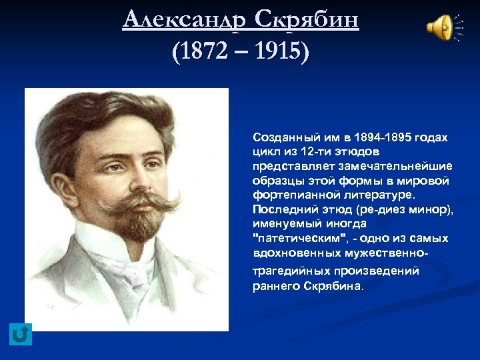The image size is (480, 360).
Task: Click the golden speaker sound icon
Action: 440,28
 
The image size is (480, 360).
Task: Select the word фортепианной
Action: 289,195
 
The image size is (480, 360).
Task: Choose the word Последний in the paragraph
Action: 280,210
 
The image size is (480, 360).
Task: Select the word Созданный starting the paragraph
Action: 281,137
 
